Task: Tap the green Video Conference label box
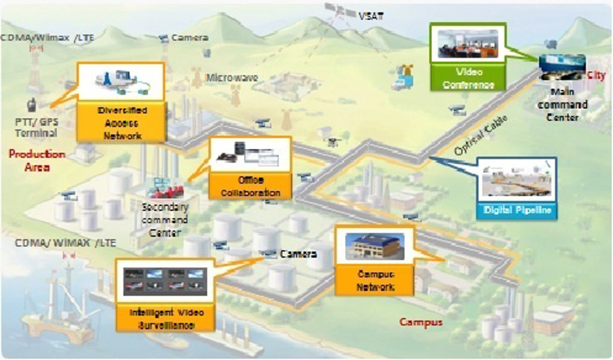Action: click(468, 78)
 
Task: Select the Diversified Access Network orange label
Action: click(122, 123)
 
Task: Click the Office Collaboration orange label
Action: click(250, 186)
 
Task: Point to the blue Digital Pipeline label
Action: click(517, 210)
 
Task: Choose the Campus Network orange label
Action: click(375, 280)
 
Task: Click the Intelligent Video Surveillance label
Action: click(166, 319)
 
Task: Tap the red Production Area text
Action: click(37, 161)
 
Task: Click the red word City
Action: click(596, 75)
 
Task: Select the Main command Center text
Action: click(563, 105)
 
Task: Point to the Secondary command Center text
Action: click(165, 220)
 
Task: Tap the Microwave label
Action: click(232, 78)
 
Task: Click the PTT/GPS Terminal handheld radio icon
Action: click(31, 105)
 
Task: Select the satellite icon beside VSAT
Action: click(340, 11)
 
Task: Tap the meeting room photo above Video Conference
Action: click(467, 44)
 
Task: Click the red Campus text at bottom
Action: click(421, 322)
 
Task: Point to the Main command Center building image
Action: click(562, 67)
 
